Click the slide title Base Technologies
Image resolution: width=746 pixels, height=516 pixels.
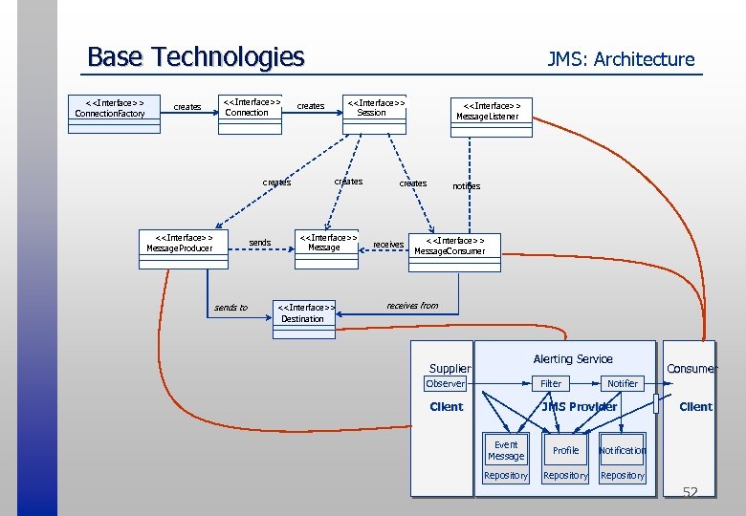(x=195, y=57)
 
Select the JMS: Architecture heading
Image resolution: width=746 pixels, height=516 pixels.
(x=620, y=59)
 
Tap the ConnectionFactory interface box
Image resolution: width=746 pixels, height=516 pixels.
(x=110, y=108)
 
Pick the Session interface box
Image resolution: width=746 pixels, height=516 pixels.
(x=375, y=107)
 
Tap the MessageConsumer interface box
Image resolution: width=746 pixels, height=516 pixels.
(x=450, y=247)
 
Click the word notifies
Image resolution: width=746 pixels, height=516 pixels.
(x=466, y=186)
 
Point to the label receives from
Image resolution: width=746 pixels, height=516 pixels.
(x=412, y=306)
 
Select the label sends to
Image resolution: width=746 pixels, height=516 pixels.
(x=230, y=308)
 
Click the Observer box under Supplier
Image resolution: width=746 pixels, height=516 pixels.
(x=446, y=383)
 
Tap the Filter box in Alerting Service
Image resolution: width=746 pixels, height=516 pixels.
(x=551, y=383)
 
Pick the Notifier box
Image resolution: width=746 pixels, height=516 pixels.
(x=623, y=383)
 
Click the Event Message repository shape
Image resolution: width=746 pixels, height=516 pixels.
(x=506, y=450)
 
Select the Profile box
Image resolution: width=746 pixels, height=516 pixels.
(x=565, y=450)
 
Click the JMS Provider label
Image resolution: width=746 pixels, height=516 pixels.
(x=579, y=407)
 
